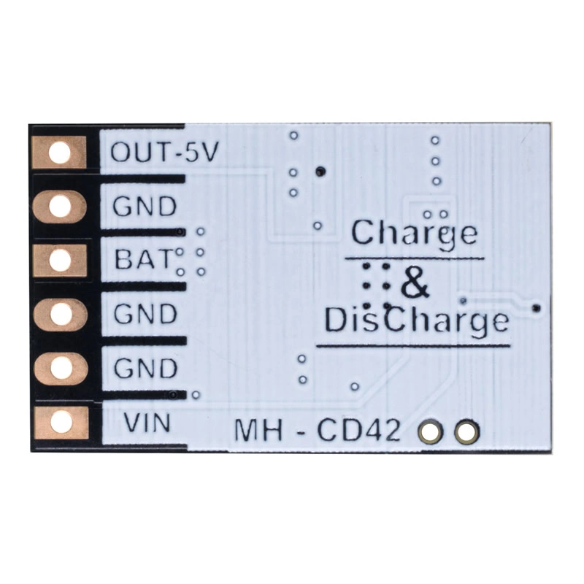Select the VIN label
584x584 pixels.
point(147,423)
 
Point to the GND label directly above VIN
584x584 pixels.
point(145,368)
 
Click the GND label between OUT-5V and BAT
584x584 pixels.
point(145,206)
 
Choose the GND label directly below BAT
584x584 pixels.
point(145,314)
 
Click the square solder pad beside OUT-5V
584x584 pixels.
point(60,153)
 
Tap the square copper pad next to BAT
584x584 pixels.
point(61,260)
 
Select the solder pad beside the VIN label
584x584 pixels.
point(61,423)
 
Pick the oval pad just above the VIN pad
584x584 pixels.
point(61,369)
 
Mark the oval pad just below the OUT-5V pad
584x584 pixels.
point(60,207)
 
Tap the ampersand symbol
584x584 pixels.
point(415,286)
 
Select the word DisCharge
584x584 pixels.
point(417,320)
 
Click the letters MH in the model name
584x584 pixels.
point(258,431)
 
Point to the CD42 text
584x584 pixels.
point(359,431)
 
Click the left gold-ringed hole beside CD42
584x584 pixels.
point(431,432)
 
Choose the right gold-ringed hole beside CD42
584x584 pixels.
point(467,432)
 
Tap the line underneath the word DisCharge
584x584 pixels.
point(413,345)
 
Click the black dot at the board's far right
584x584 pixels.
point(537,307)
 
